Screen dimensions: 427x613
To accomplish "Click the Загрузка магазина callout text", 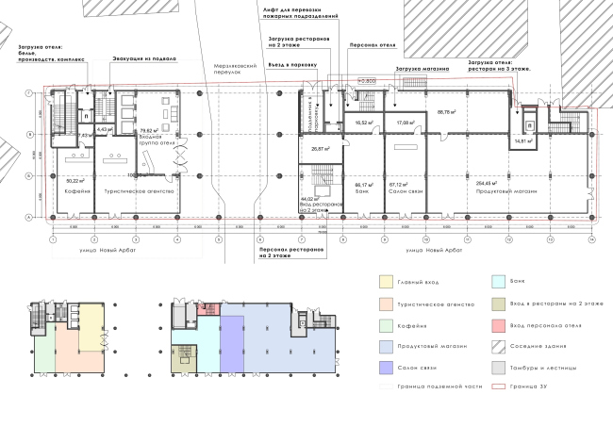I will tap(421, 69).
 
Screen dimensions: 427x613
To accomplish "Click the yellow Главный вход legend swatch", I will tap(386, 282).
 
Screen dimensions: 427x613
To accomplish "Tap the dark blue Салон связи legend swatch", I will tap(386, 368).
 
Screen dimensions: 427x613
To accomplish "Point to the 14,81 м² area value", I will tap(523, 141).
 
